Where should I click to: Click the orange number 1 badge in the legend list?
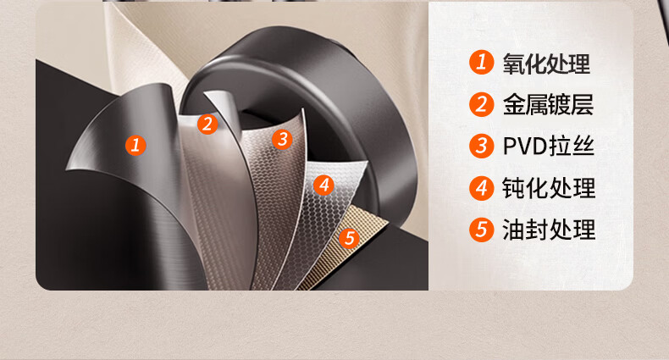pos(482,63)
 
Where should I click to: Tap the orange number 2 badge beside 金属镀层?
pos(482,104)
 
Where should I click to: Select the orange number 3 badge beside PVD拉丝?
pos(482,146)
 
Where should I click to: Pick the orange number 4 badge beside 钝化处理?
pos(482,188)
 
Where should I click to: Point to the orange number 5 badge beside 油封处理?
pos(482,230)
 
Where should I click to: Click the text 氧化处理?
pos(546,64)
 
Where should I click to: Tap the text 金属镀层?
pos(548,105)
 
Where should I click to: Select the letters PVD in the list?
pos(525,147)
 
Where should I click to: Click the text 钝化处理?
pos(549,188)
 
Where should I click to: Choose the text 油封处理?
pos(549,230)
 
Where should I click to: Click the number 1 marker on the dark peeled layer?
pos(135,146)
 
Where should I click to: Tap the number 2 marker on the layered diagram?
pos(207,125)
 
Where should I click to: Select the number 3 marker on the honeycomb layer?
pos(282,139)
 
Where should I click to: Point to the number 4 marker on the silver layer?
pos(323,186)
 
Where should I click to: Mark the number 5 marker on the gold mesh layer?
pos(349,237)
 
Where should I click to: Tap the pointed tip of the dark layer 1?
pos(66,169)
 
